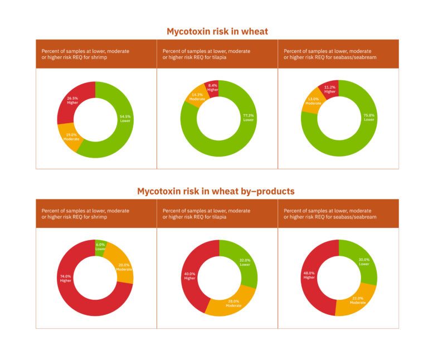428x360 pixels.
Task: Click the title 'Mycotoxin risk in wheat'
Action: [x=217, y=32]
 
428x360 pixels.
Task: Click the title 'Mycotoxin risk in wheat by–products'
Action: [x=216, y=191]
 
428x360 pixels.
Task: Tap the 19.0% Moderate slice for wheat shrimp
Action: [x=71, y=136]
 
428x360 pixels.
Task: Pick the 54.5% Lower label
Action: [x=126, y=118]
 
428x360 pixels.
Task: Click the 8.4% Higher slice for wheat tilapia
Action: [x=212, y=87]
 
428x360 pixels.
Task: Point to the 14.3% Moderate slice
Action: [x=196, y=97]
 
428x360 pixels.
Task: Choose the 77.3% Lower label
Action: [x=249, y=118]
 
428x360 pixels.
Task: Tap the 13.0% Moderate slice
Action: [x=313, y=101]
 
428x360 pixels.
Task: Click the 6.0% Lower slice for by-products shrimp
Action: [x=100, y=246]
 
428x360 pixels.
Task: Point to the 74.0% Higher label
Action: [x=66, y=278]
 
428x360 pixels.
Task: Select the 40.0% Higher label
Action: [x=189, y=276]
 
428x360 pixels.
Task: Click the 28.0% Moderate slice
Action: [x=233, y=304]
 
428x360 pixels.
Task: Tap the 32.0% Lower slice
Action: [x=245, y=262]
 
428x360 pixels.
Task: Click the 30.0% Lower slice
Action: [x=364, y=262]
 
